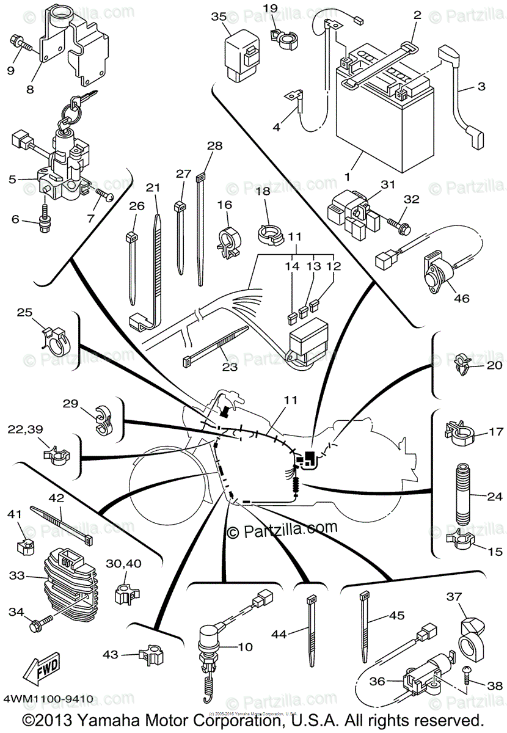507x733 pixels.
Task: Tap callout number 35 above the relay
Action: click(x=219, y=16)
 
